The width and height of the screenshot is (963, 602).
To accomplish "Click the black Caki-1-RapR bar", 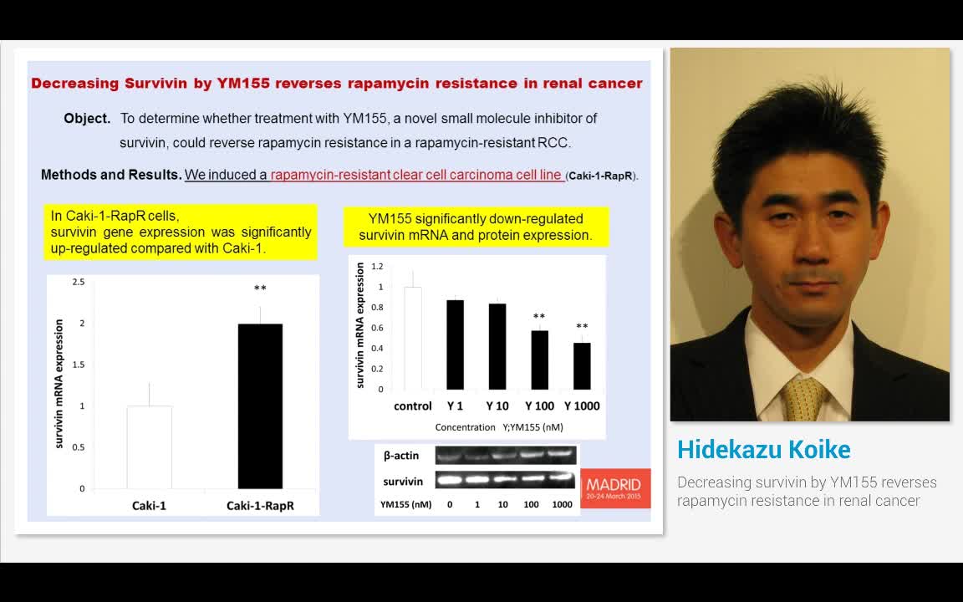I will (x=260, y=406).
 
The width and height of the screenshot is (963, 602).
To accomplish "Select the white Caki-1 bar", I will (x=150, y=447).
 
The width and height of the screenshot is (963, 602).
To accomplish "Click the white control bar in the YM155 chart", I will (x=413, y=338).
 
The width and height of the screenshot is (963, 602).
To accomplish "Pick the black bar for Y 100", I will (x=540, y=360).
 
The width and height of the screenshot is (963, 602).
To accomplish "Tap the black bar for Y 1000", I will (x=582, y=366).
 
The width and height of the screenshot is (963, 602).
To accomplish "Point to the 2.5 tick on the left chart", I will (x=78, y=282).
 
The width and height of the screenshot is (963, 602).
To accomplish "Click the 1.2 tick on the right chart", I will (x=377, y=267).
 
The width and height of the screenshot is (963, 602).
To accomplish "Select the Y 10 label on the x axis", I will (x=497, y=406).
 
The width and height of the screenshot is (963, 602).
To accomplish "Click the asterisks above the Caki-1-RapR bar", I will (x=260, y=289).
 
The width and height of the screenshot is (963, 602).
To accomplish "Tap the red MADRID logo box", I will (x=614, y=487).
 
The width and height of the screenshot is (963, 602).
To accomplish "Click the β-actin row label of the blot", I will (x=401, y=456).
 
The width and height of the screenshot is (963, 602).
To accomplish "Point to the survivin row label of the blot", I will (x=403, y=482).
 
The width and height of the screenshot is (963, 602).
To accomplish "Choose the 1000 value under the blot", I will (x=563, y=504).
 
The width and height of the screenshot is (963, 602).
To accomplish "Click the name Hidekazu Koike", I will (x=763, y=450).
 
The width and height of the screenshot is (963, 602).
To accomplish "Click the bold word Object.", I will (x=87, y=119).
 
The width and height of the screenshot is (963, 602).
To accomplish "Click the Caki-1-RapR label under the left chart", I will (x=260, y=505).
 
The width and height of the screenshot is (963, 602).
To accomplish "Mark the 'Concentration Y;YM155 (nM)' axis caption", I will (x=498, y=427).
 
